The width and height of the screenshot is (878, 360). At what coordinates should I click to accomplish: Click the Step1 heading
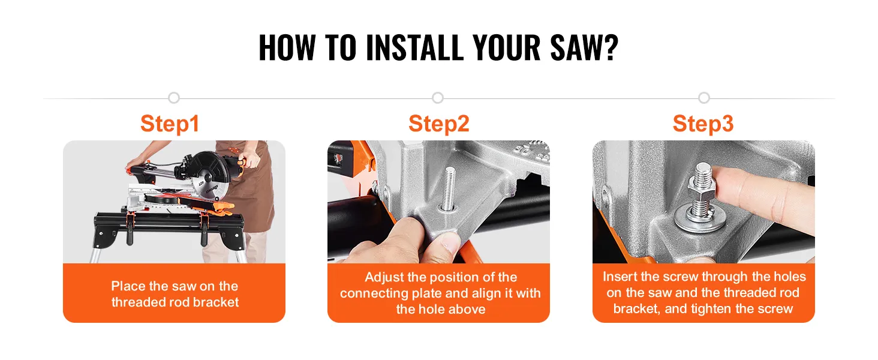click(x=170, y=124)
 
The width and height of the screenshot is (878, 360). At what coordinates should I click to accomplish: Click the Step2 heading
click(x=438, y=124)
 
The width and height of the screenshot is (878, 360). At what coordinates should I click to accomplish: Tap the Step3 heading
click(x=703, y=124)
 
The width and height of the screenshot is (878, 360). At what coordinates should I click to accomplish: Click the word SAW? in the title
click(x=584, y=48)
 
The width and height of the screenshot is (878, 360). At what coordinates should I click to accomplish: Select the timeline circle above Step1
click(x=174, y=98)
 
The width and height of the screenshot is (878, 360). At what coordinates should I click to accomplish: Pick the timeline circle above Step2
click(x=438, y=98)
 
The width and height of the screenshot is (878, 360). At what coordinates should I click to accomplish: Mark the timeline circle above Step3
click(x=704, y=98)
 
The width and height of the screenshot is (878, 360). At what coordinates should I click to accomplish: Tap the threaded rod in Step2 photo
click(x=449, y=188)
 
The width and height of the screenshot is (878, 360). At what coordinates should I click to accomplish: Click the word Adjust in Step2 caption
click(x=384, y=277)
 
